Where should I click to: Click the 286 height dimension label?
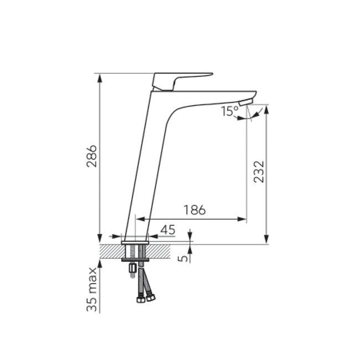coord(92,156)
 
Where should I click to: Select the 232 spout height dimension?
coord(259,172)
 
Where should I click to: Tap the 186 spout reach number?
coord(195,210)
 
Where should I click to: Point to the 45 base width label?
coord(168,230)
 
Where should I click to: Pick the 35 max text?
coord(92,290)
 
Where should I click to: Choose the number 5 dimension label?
coord(183,258)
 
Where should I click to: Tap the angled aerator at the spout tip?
coord(246,102)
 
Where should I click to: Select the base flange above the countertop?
coord(135,243)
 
